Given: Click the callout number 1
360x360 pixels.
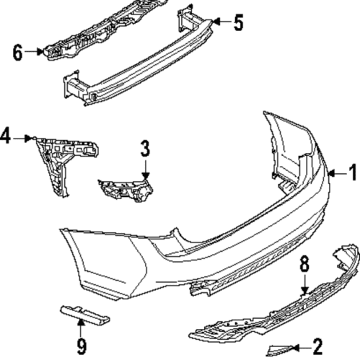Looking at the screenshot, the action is [353, 172].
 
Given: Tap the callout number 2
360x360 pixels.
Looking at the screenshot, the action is [317, 346].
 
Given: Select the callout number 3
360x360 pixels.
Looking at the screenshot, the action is [145, 149].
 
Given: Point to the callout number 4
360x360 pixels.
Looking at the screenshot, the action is [5, 136].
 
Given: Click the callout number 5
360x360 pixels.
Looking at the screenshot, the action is [238, 22].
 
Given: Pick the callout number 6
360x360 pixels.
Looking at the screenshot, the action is [17, 52].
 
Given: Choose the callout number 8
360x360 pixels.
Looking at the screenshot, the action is [304, 265].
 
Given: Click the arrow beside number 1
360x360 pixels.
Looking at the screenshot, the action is [338, 173].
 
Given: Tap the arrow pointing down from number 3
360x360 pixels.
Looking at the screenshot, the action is [146, 170].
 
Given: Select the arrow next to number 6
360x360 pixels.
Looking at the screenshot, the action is [34, 51].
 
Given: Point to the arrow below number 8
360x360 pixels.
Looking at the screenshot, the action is [305, 285].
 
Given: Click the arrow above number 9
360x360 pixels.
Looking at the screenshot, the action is [81, 328].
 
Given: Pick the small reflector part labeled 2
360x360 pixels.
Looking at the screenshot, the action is [279, 350].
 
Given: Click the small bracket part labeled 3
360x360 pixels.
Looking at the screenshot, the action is [126, 190].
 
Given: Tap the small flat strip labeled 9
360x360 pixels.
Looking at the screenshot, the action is [85, 315].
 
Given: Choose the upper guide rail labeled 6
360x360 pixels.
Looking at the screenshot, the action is [106, 29].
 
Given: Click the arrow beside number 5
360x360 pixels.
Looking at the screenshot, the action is [221, 22].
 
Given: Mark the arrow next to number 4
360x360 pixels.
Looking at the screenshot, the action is [22, 139].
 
